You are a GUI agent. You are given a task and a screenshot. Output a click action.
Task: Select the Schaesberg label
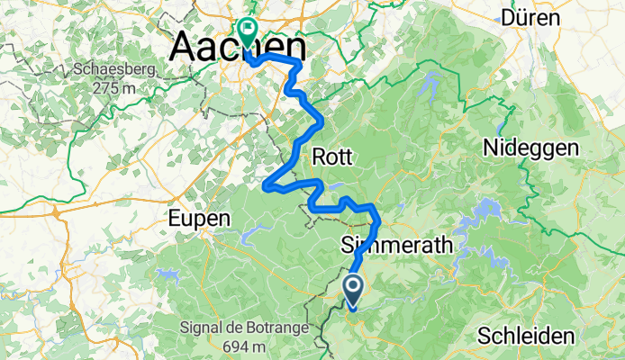tap(122, 69)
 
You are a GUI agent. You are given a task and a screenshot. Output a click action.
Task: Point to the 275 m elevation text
tap(122, 88)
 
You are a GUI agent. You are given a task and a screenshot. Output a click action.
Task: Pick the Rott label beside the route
tap(332, 157)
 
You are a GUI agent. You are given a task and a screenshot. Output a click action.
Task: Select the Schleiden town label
tap(526, 336)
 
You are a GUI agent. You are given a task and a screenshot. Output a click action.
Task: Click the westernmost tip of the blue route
tap(265, 187)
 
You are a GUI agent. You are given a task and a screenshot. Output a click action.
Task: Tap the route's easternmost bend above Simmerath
tap(378, 221)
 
